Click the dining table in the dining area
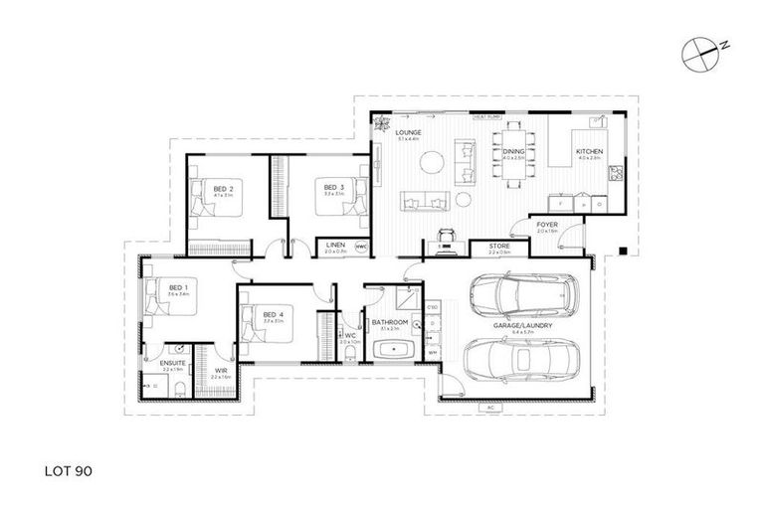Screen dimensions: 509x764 click(x=513, y=155)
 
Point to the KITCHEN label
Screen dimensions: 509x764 click(x=589, y=151)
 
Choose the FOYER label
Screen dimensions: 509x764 click(x=547, y=225)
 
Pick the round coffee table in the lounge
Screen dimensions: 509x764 click(x=427, y=169)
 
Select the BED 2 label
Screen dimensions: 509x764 click(x=223, y=188)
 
